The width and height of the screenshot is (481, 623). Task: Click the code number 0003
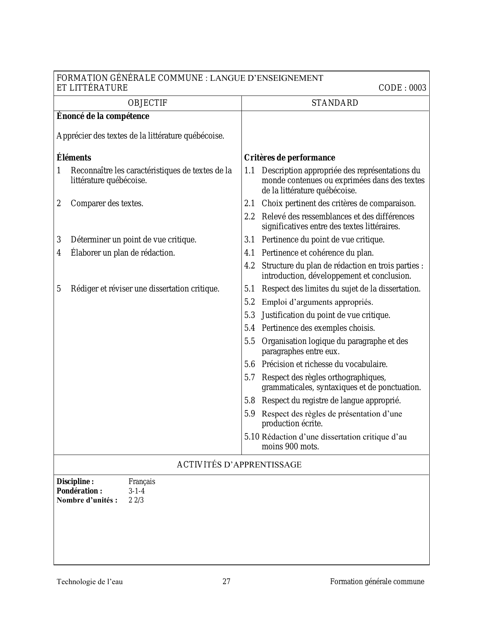[418, 88]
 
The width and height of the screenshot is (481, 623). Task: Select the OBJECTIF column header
[148, 103]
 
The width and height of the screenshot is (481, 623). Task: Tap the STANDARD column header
[335, 103]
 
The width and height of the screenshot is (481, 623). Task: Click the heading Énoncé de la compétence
[103, 116]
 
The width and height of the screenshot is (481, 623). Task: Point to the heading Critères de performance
[289, 158]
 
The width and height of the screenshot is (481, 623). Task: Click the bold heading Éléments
[74, 158]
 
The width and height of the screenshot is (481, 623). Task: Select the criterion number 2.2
[249, 217]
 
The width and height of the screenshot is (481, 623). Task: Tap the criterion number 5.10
[252, 437]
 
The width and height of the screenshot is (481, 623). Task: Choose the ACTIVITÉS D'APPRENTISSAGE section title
[239, 465]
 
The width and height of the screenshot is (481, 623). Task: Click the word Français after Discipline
[142, 482]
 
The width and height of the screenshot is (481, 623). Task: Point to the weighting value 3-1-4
[137, 491]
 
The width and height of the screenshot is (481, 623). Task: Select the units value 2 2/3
[136, 501]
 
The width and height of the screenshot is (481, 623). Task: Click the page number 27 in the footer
[226, 581]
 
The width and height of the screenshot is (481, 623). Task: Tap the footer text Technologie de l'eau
[90, 582]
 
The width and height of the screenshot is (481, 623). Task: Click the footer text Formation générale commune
[377, 581]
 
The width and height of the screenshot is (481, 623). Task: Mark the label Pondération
[79, 491]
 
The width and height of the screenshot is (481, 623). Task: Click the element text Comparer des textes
[107, 204]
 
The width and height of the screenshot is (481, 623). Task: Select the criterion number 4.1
[249, 253]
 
